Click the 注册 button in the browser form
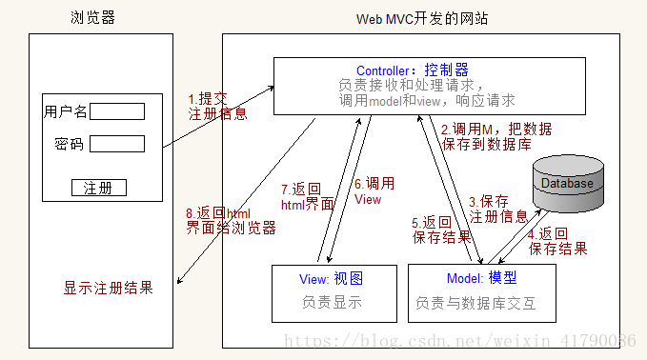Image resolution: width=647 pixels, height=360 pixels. tap(98, 187)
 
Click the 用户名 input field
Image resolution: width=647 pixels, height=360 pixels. tap(116, 111)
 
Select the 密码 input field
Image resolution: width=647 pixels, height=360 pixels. tap(116, 144)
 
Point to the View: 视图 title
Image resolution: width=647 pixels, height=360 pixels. tap(332, 278)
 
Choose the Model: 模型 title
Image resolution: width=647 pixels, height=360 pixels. tap(481, 278)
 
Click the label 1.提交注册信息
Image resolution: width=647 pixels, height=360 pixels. tap(217, 106)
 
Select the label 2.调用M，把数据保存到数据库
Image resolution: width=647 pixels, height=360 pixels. tap(495, 137)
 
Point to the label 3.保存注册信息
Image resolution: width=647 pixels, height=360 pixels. tap(497, 209)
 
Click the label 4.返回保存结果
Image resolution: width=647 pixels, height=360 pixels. tap(556, 241)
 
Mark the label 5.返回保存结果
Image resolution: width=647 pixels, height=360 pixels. tap(441, 229)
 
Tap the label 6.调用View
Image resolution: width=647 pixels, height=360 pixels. tap(374, 191)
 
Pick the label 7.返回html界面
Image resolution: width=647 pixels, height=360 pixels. tap(307, 196)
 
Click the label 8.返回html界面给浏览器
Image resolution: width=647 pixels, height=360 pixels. tap(230, 220)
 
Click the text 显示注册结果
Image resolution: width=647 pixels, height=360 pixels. tap(108, 288)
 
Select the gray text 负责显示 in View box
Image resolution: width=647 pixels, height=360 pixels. tap(334, 304)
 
